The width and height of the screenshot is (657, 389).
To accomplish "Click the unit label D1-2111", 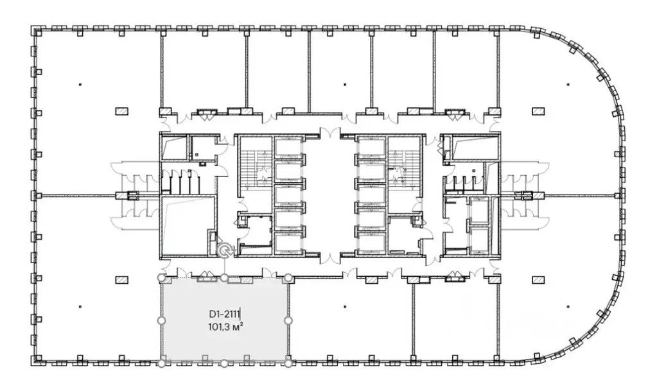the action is click(224, 314).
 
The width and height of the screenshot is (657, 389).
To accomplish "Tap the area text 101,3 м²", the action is click(226, 327).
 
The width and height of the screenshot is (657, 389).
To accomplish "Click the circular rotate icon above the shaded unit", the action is click(225, 250).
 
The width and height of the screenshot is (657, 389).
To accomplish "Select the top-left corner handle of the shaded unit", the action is click(161, 277).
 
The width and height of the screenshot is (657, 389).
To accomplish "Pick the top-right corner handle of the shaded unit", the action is click(288, 277).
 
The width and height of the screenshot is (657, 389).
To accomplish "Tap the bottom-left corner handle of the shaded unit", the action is click(161, 363).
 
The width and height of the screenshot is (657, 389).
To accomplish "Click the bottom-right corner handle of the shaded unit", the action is click(288, 363).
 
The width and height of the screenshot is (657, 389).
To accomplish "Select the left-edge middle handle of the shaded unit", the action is click(161, 321).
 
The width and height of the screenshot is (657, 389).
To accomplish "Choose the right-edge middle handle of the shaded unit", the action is click(288, 321).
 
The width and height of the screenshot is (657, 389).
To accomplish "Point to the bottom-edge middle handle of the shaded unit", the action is click(225, 363).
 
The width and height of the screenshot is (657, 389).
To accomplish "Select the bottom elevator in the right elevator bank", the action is click(371, 242).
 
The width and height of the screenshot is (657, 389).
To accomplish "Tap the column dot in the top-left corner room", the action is click(80, 85).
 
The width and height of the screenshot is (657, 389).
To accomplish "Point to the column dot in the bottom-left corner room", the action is click(80, 307).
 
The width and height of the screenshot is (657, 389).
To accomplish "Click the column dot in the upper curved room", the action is click(568, 85).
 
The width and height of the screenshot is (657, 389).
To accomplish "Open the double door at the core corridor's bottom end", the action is click(329, 257).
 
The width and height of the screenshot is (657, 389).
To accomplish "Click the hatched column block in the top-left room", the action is click(122, 112).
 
